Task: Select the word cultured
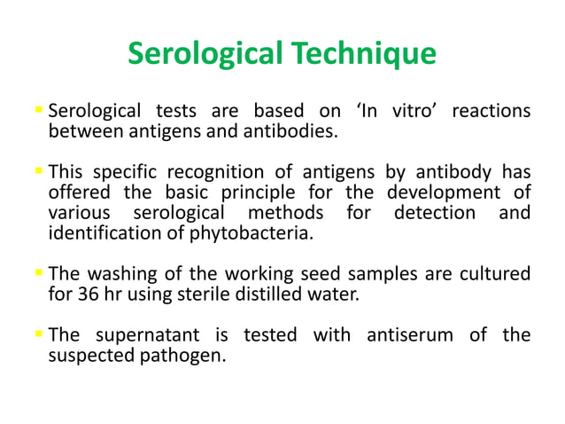click(x=495, y=274)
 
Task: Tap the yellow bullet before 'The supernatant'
click(x=37, y=334)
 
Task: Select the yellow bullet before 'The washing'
click(x=37, y=274)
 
